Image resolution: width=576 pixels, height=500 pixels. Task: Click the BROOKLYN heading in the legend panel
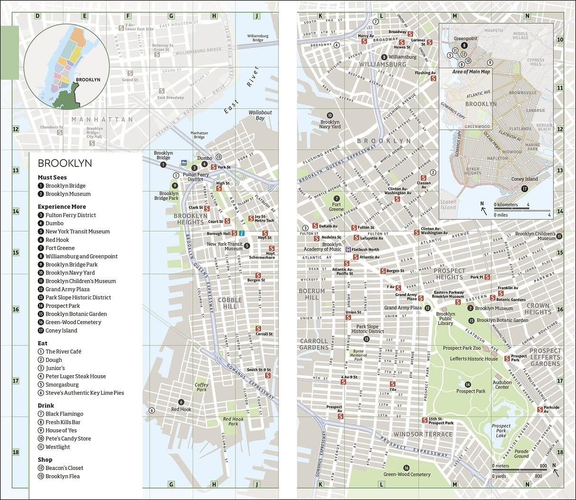pyautogui.click(x=65, y=164)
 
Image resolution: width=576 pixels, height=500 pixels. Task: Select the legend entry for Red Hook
pyautogui.click(x=57, y=240)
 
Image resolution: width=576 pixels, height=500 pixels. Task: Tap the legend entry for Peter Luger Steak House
pyautogui.click(x=75, y=377)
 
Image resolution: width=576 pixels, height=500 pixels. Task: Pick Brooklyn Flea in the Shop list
pyautogui.click(x=62, y=476)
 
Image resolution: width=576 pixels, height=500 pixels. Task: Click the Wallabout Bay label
pyautogui.click(x=260, y=115)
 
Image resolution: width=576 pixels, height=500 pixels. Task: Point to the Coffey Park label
pyautogui.click(x=202, y=387)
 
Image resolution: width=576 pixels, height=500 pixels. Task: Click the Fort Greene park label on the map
pyautogui.click(x=336, y=207)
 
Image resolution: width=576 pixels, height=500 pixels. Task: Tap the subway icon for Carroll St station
pyautogui.click(x=258, y=328)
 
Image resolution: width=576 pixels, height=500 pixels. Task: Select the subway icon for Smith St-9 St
pyautogui.click(x=268, y=376)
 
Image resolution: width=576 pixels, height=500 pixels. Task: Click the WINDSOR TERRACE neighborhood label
pyautogui.click(x=423, y=434)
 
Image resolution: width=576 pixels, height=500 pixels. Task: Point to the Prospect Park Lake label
pyautogui.click(x=501, y=431)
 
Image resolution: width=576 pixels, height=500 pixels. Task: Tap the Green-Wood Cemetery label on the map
pyautogui.click(x=407, y=474)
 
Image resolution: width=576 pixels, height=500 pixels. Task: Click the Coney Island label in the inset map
pyautogui.click(x=524, y=179)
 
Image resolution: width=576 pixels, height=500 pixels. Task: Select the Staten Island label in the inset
pyautogui.click(x=448, y=204)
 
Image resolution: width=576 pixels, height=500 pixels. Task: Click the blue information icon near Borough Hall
pyautogui.click(x=242, y=233)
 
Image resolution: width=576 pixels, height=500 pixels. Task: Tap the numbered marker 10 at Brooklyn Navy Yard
pyautogui.click(x=330, y=115)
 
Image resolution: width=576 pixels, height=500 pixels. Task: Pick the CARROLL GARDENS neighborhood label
pyautogui.click(x=314, y=344)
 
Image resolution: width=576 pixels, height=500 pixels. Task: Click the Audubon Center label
pyautogui.click(x=502, y=385)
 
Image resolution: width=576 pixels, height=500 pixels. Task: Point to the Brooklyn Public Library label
pyautogui.click(x=446, y=319)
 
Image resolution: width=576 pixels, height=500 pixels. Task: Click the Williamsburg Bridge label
pyautogui.click(x=258, y=38)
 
